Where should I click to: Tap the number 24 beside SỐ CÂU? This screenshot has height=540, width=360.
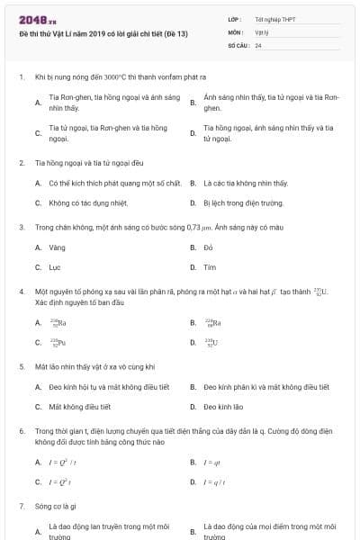pyautogui.click(x=258, y=44)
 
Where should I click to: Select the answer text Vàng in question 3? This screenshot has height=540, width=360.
pyautogui.click(x=57, y=247)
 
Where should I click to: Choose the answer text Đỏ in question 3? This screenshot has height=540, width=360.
pyautogui.click(x=208, y=247)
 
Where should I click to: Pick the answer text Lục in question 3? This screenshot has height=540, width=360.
pyautogui.click(x=55, y=267)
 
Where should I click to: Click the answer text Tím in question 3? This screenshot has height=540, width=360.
pyautogui.click(x=209, y=267)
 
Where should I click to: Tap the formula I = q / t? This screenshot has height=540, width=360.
pyautogui.click(x=214, y=481)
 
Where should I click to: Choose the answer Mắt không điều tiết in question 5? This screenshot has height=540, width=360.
pyautogui.click(x=79, y=407)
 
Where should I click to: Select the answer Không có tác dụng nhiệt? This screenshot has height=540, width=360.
pyautogui.click(x=88, y=203)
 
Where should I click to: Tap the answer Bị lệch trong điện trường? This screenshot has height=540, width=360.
pyautogui.click(x=237, y=203)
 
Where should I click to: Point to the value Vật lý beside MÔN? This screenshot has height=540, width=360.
pyautogui.click(x=262, y=31)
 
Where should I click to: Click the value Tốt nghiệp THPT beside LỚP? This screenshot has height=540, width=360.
pyautogui.click(x=274, y=19)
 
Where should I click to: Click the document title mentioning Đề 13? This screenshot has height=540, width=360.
pyautogui.click(x=103, y=32)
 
